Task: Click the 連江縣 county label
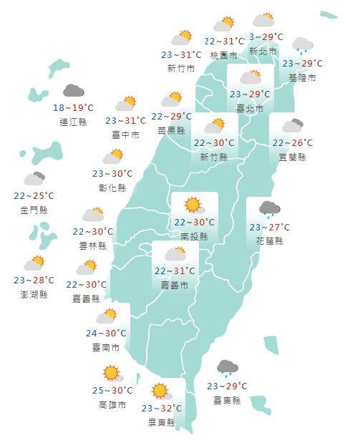(74, 122)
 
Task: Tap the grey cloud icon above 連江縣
(73, 91)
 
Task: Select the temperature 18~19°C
(73, 107)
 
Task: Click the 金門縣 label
(34, 209)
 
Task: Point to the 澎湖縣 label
(34, 293)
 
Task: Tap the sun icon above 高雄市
(111, 373)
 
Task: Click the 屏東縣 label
(162, 422)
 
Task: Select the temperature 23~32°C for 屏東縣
(162, 409)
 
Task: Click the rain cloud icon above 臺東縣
(228, 369)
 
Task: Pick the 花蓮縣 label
(269, 241)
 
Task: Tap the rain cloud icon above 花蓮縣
(269, 209)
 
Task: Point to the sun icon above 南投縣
(193, 205)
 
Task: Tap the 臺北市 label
(250, 108)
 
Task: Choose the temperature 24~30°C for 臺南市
(106, 333)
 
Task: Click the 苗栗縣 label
(172, 130)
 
